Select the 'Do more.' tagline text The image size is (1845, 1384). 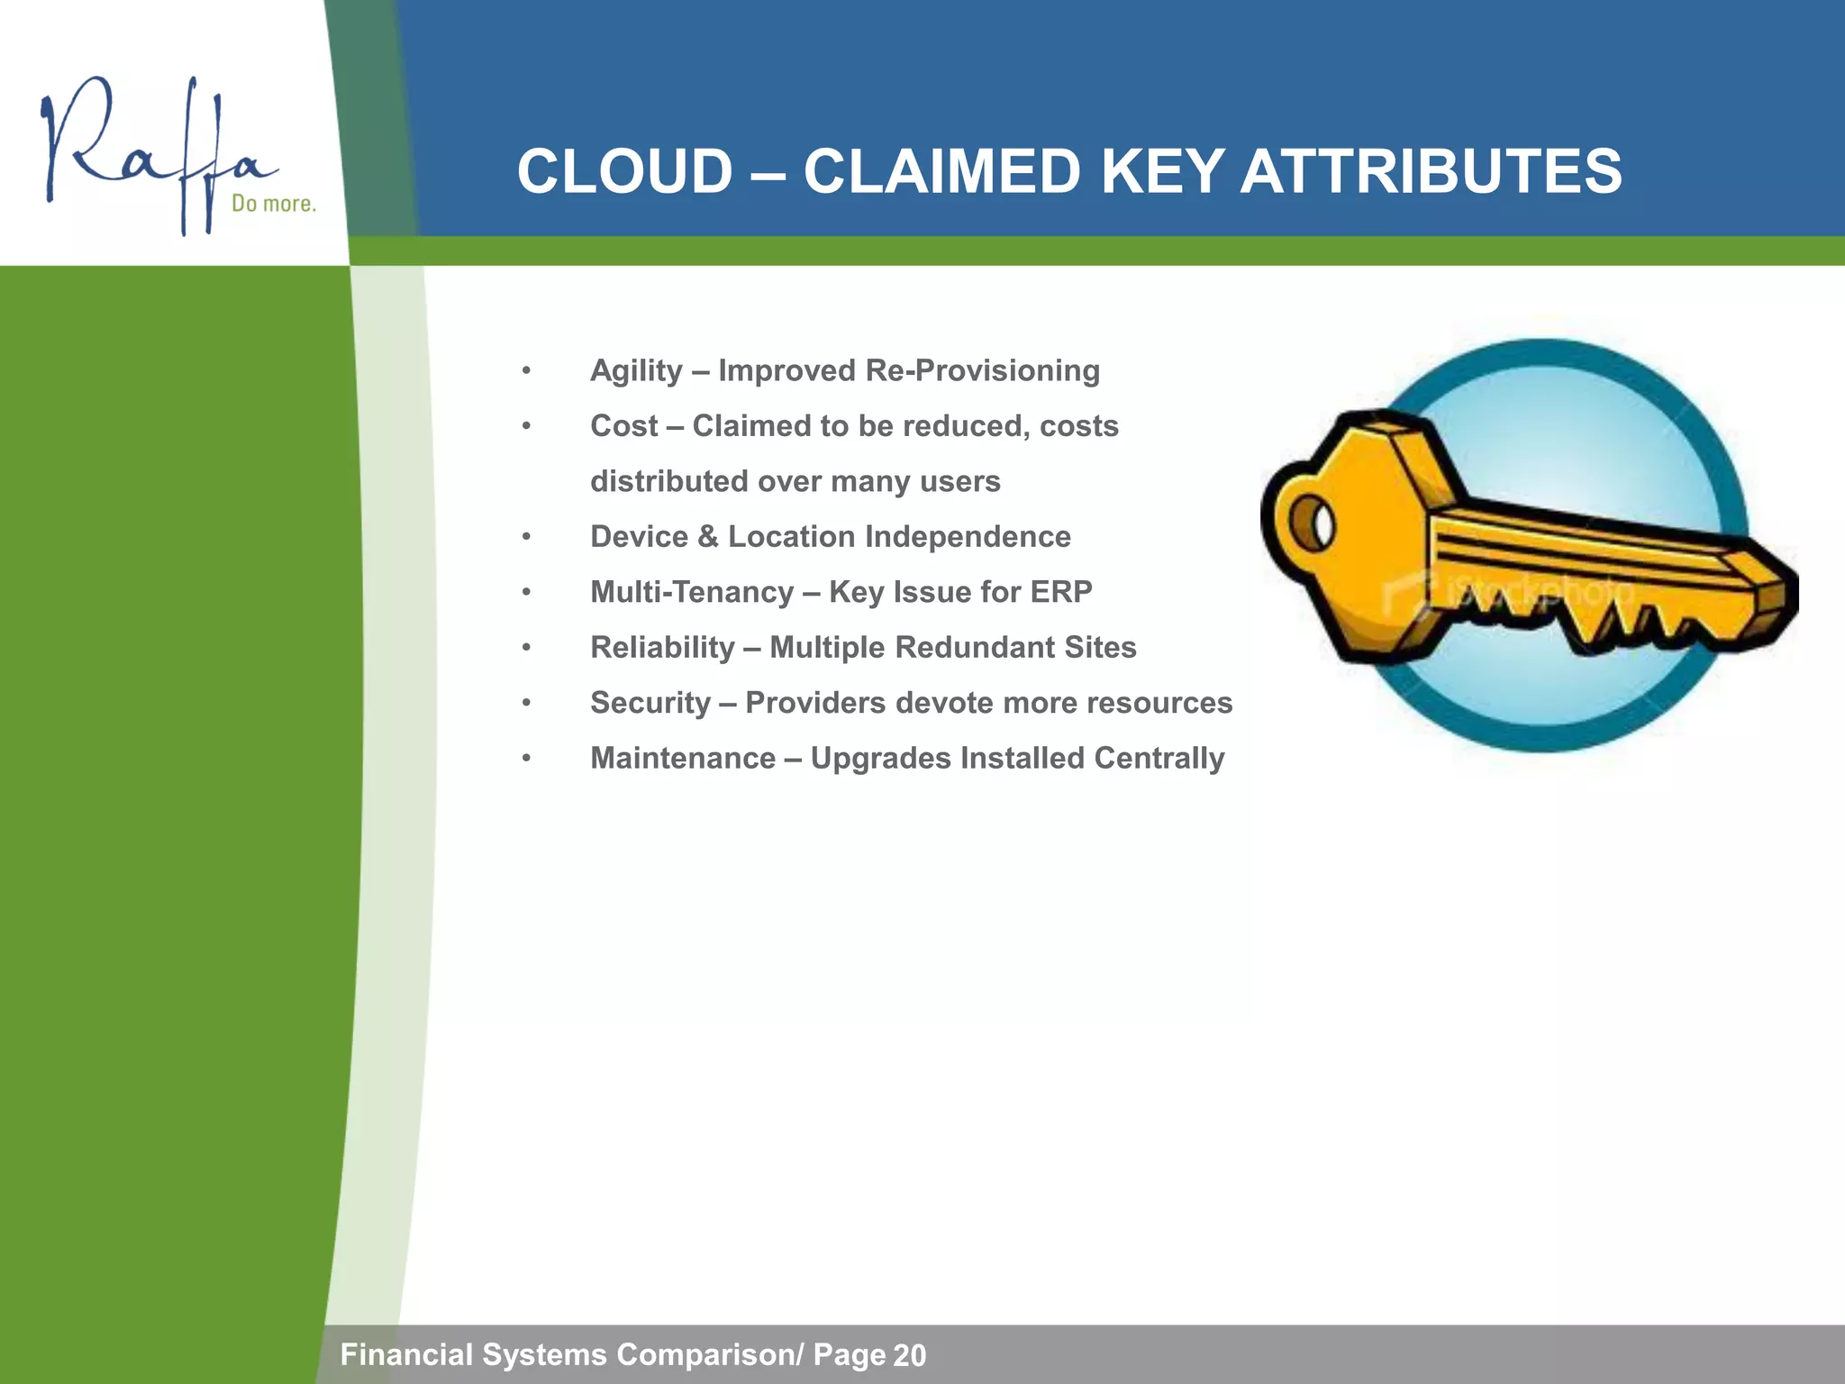(274, 204)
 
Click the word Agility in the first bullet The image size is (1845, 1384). (636, 371)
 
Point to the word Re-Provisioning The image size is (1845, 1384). (982, 371)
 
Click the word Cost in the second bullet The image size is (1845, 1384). (623, 426)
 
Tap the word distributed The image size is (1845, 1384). (668, 481)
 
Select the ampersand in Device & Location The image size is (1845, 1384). (708, 537)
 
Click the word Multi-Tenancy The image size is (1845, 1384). (692, 592)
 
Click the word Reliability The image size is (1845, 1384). (662, 648)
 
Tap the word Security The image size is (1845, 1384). (650, 703)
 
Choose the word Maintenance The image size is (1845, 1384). (682, 759)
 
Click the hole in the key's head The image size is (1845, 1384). (1312, 522)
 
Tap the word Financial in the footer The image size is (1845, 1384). (406, 1355)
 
